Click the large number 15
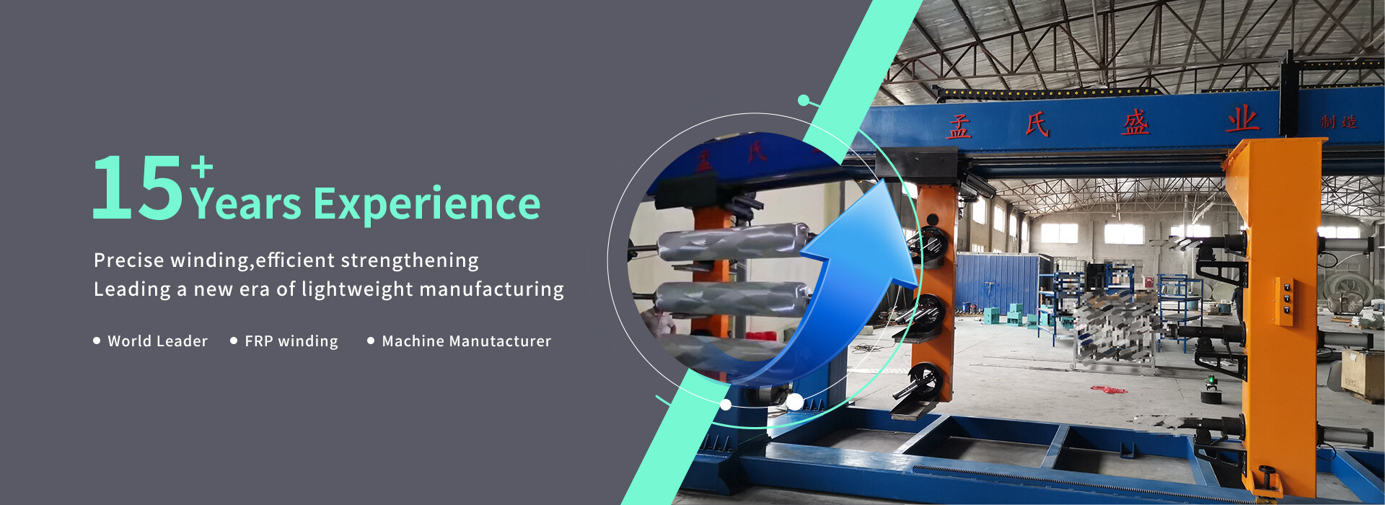tap(138, 188)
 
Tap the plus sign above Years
tap(202, 168)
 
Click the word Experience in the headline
tap(427, 205)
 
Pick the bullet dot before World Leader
tap(97, 341)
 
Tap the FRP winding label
tap(291, 341)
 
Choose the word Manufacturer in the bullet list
tap(499, 341)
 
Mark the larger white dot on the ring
tap(794, 402)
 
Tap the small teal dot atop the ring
tap(804, 99)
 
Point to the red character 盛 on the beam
tap(1135, 121)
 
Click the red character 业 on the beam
tap(1241, 118)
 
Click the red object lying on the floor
tap(1107, 390)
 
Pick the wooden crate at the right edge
tap(1363, 374)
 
